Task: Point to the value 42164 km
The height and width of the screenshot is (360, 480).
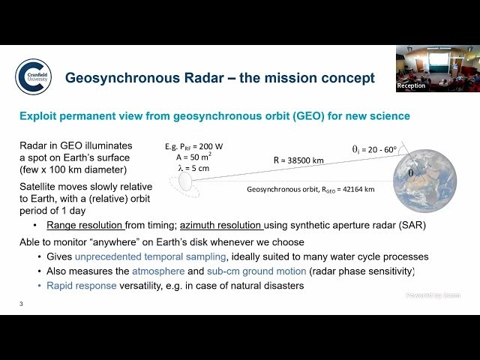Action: tap(352, 190)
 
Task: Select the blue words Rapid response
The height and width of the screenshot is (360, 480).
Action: tap(79, 286)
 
